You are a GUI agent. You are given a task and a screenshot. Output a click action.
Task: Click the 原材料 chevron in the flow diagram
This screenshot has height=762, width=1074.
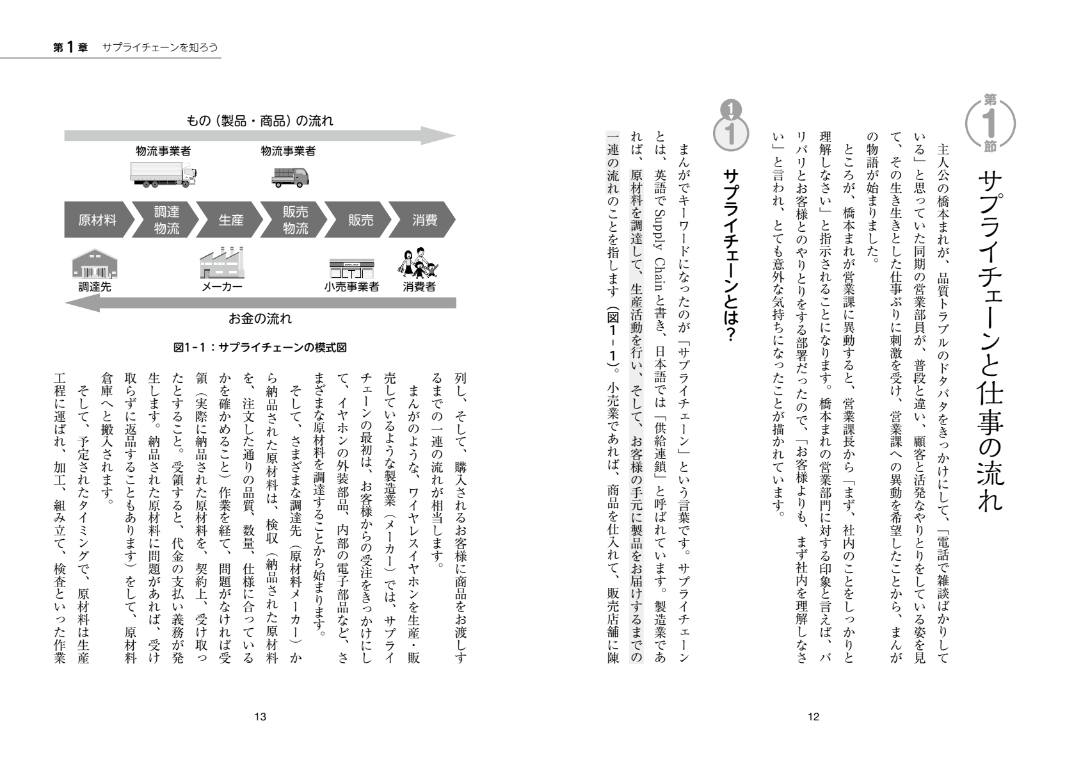point(97,220)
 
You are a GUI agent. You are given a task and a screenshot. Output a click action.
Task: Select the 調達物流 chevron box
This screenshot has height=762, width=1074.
point(166,220)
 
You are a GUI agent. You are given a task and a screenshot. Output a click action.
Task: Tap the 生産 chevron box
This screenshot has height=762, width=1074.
point(230,220)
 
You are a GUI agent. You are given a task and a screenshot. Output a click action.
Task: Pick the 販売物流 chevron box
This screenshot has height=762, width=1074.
point(295,220)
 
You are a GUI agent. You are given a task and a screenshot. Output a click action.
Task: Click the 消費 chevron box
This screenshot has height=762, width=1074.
point(424,220)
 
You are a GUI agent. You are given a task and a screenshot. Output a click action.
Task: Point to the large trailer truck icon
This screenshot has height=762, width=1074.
point(163,174)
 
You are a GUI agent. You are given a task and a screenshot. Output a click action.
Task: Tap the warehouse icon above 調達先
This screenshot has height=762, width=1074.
point(95,264)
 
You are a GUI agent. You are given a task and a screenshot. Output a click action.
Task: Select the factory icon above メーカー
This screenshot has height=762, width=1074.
point(222,263)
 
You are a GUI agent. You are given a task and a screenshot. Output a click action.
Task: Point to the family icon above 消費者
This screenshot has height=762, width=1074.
point(419,263)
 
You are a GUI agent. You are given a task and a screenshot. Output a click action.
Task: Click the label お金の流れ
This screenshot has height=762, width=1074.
point(260,318)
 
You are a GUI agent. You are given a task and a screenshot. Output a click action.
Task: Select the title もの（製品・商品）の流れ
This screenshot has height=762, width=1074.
point(259,120)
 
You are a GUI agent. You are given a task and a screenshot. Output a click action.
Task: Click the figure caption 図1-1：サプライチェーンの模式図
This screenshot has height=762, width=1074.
point(260,348)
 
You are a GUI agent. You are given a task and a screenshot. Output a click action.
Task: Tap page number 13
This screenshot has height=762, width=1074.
point(260,717)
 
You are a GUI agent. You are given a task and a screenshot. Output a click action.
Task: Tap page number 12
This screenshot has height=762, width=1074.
point(814,717)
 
